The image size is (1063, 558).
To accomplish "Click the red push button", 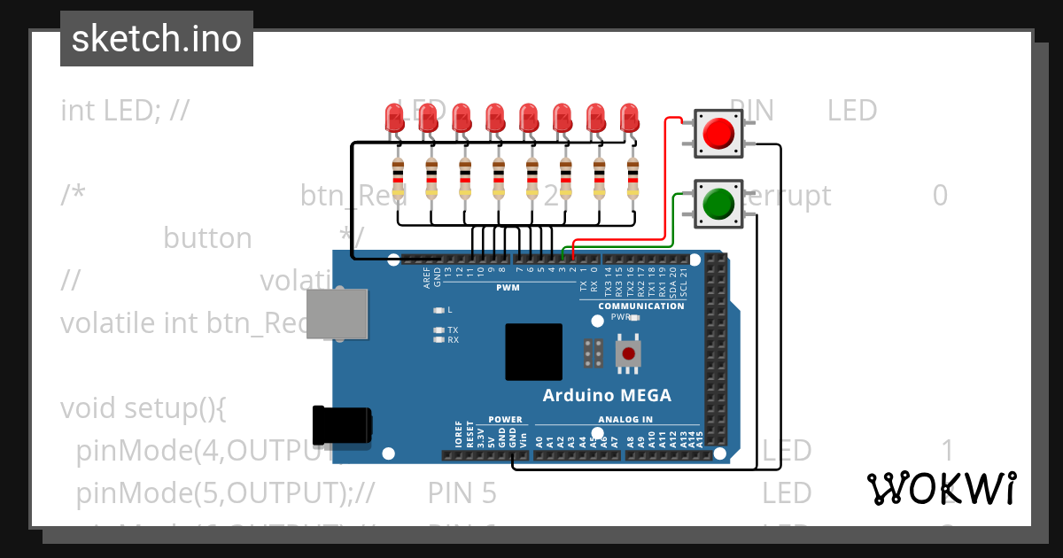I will (x=718, y=133).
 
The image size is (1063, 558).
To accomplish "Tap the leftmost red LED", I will (x=395, y=119).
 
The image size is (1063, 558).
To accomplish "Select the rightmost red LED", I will (x=629, y=119).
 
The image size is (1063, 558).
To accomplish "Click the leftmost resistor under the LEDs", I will (x=398, y=178).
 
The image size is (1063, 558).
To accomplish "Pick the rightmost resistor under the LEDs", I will (x=632, y=178).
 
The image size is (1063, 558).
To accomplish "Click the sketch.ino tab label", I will (x=157, y=39).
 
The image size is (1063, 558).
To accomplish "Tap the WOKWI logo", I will (x=942, y=488).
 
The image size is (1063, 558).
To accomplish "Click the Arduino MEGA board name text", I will (x=607, y=396).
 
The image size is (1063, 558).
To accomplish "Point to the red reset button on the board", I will (x=629, y=354).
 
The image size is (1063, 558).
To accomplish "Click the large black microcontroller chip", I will (x=533, y=352).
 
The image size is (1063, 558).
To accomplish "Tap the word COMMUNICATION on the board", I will (x=640, y=306).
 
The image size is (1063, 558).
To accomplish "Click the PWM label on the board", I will (x=508, y=288).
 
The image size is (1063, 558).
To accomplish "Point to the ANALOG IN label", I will (x=625, y=420).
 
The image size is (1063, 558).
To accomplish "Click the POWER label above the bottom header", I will (x=506, y=420).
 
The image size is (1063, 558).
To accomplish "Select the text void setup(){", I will (x=144, y=409).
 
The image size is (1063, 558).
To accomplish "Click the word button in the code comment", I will (x=207, y=238).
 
